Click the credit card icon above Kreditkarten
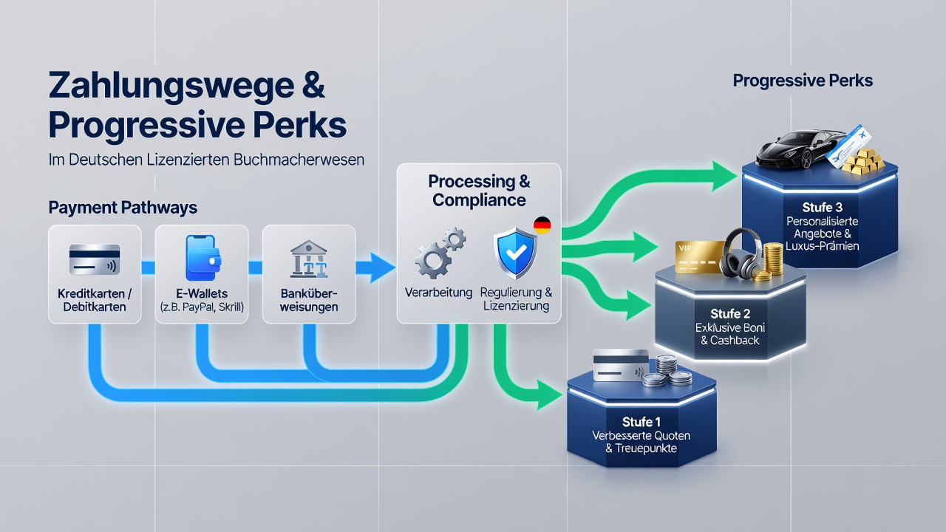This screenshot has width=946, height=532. (x=95, y=259)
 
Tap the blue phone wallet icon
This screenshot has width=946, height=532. (x=203, y=258)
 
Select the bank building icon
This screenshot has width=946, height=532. (x=309, y=259)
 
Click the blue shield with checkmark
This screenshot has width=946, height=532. (x=516, y=253)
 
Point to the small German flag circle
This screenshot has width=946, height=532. (x=542, y=225)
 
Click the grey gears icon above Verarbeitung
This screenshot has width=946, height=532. (x=440, y=253)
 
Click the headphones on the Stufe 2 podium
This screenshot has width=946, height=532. (x=743, y=253)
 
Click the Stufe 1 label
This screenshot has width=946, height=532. (x=641, y=421)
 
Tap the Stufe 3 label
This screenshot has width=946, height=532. (x=823, y=208)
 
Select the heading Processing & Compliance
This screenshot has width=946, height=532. (x=479, y=191)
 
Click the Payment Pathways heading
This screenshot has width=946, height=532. (x=123, y=208)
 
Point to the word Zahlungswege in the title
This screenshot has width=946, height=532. (x=171, y=86)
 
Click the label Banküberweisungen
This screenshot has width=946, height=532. (x=309, y=300)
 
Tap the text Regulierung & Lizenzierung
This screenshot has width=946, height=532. (x=516, y=299)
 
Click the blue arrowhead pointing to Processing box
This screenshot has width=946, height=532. (x=383, y=267)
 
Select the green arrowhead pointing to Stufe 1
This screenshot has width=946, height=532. (x=549, y=395)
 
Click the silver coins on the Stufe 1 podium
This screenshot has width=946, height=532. (x=667, y=372)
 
